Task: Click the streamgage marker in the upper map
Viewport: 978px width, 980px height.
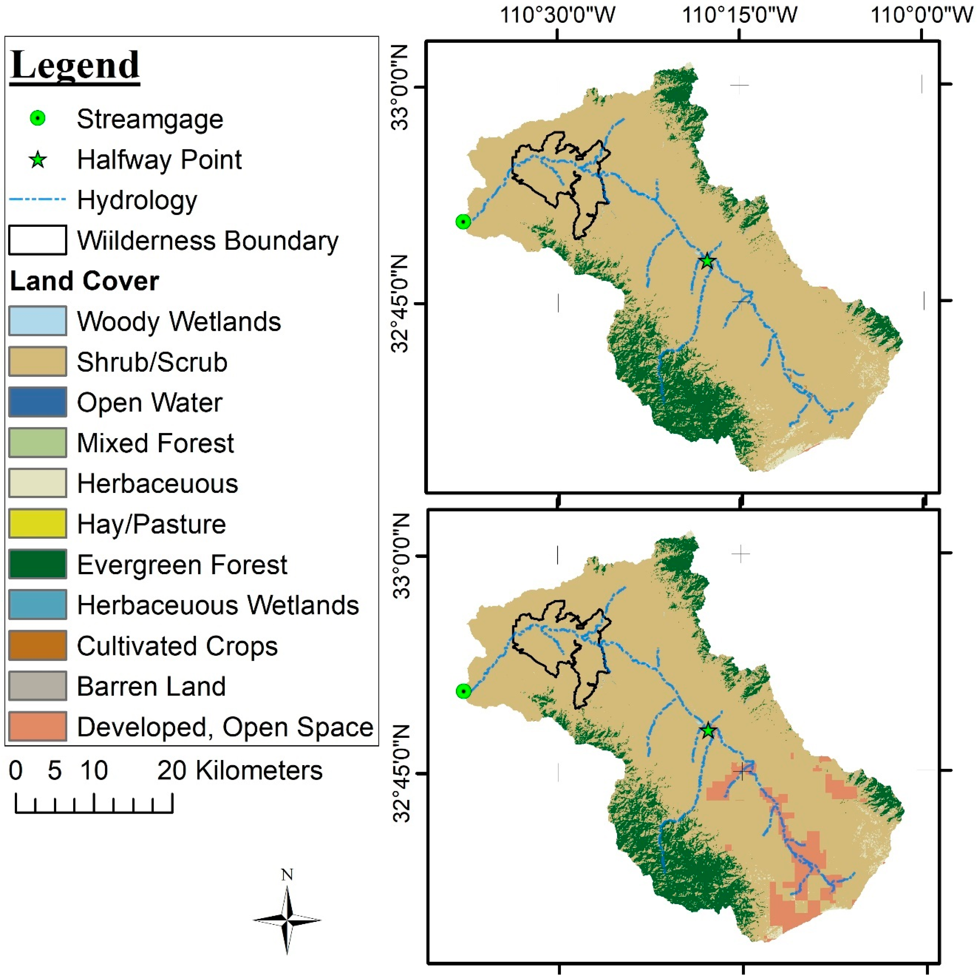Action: [x=463, y=222]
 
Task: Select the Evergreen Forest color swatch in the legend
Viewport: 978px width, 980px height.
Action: [x=38, y=564]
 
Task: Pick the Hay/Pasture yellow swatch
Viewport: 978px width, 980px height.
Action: [x=38, y=523]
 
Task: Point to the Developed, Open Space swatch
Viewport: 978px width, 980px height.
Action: [x=38, y=726]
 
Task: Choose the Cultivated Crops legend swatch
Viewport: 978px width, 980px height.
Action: [x=38, y=645]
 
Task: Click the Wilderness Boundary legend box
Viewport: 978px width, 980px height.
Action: [x=38, y=240]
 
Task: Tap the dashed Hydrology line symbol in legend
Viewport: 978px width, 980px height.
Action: [x=38, y=199]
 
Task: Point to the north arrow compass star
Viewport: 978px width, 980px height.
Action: [x=287, y=919]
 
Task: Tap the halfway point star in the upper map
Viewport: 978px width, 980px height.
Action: [x=707, y=261]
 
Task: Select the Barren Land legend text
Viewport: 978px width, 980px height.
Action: [x=151, y=686]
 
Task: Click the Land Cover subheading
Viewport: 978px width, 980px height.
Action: [x=84, y=281]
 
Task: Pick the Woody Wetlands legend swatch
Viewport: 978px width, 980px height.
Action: [x=38, y=321]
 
